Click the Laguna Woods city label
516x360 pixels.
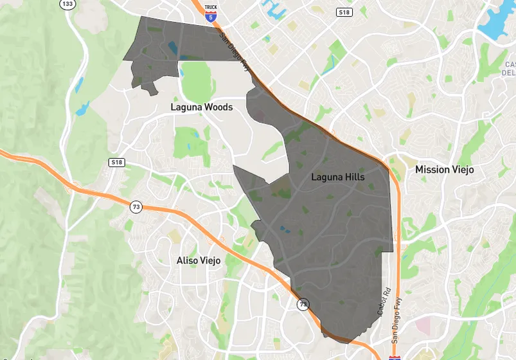201,107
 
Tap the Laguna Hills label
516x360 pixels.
337,177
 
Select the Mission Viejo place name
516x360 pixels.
444,170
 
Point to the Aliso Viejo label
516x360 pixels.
199,260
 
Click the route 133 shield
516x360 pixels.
66,4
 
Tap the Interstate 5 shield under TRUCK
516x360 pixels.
211,18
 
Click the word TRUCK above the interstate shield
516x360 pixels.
211,8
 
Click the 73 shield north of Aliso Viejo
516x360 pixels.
136,207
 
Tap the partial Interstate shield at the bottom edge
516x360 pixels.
394,355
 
